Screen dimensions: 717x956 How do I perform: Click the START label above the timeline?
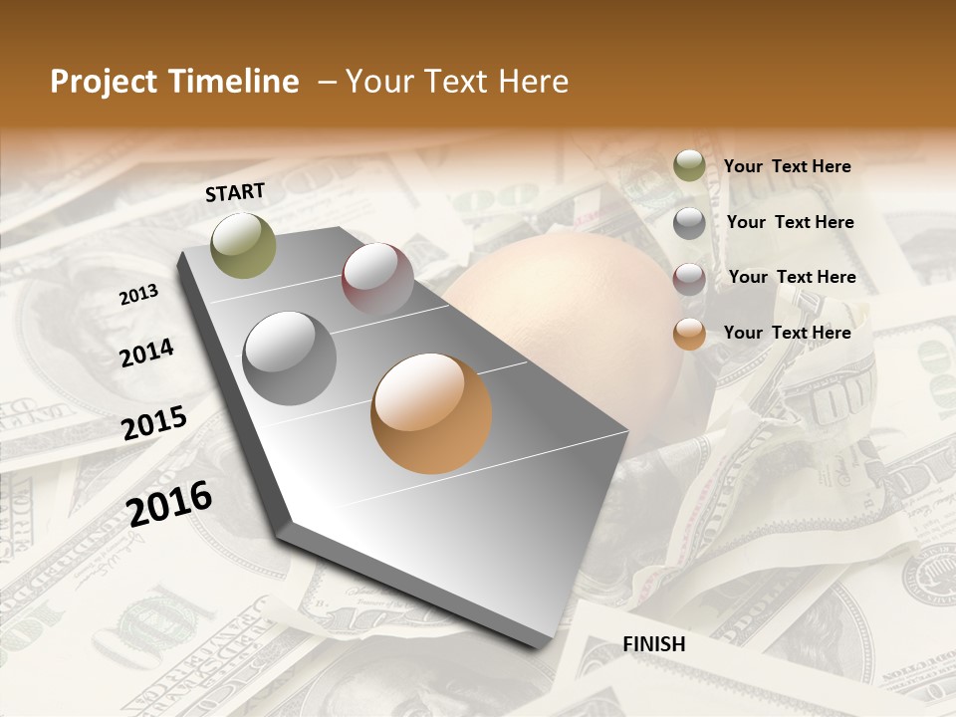(235, 192)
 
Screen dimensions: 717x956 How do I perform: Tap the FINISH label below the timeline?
(654, 644)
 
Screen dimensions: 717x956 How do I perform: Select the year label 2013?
(138, 295)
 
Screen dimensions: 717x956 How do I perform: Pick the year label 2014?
(147, 353)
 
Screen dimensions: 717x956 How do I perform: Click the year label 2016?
(170, 503)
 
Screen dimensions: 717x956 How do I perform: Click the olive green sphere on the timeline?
(244, 245)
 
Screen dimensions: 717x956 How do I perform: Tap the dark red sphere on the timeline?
(377, 278)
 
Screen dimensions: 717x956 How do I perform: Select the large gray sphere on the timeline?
(290, 358)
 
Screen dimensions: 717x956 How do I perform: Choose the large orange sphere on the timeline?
(431, 412)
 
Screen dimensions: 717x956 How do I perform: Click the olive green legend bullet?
(689, 166)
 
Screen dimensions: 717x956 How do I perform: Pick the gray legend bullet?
(689, 223)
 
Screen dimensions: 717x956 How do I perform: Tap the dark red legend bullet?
(689, 278)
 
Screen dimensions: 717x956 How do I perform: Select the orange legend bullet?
(689, 334)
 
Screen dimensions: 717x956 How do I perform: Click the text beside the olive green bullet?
(787, 166)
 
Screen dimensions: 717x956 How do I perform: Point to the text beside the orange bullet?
(787, 333)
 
